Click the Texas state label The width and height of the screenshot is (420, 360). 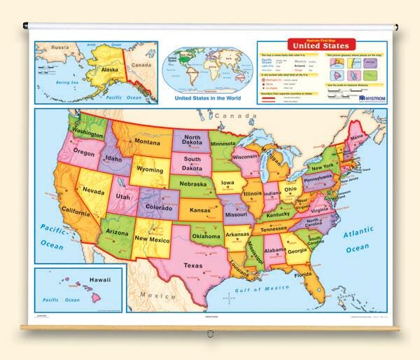[x=192, y=265]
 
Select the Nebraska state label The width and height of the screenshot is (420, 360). [x=195, y=185]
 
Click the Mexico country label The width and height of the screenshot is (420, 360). [x=160, y=296]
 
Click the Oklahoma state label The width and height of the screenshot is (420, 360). [x=208, y=235]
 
